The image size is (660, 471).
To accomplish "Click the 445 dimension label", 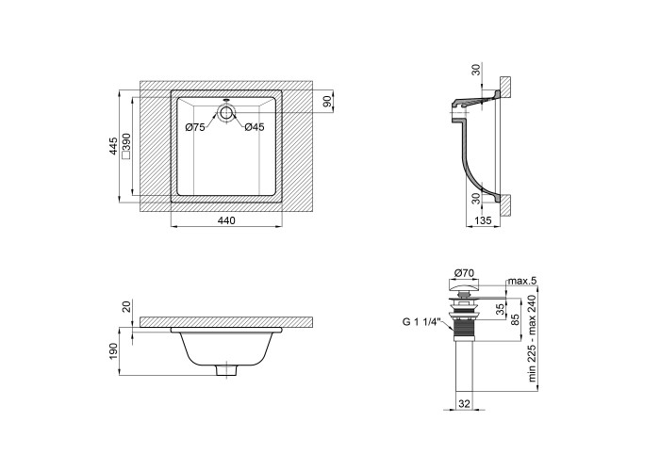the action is [113, 146].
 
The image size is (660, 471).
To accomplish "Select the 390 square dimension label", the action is [125, 146].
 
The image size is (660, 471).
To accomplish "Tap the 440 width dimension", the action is [226, 219].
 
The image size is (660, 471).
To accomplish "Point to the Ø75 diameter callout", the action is [195, 126].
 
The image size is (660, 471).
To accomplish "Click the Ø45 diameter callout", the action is [255, 126].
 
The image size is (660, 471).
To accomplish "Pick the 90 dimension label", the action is [328, 101].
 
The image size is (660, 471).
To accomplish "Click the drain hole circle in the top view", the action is [226, 113].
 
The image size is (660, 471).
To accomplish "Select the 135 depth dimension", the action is [483, 220].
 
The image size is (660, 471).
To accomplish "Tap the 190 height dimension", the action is [113, 350].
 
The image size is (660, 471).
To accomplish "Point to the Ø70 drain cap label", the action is [464, 273].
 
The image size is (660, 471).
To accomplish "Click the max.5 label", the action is [522, 281].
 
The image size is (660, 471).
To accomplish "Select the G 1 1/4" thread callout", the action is [421, 322].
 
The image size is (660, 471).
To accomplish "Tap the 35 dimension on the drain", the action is [500, 309].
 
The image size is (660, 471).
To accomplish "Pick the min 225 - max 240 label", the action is [533, 338].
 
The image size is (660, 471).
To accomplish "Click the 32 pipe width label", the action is [464, 404].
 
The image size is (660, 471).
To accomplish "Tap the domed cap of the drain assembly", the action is [464, 286].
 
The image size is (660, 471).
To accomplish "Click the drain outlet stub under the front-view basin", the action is [226, 370].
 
